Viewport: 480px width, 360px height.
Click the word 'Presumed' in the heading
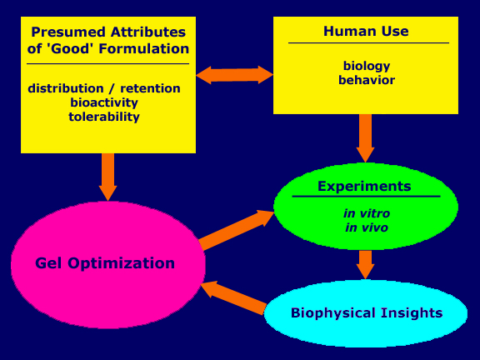tap(68, 32)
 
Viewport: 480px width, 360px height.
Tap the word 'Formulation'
tap(144, 48)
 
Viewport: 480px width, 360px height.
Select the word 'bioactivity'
tap(104, 102)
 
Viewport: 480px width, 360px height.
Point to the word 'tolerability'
tap(104, 117)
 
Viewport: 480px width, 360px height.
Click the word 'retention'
tap(150, 88)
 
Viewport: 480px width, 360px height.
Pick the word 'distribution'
tap(66, 88)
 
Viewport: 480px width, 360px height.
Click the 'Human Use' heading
tap(366, 31)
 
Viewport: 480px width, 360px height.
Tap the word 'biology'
tap(367, 66)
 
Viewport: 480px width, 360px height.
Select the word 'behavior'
tap(367, 80)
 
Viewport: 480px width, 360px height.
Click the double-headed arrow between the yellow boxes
tap(234, 75)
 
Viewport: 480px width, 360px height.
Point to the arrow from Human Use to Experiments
tap(365, 138)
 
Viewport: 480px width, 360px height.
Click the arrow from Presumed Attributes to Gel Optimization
tap(107, 177)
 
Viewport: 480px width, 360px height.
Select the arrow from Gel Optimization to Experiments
tap(237, 230)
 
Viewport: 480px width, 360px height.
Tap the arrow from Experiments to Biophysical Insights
tap(365, 265)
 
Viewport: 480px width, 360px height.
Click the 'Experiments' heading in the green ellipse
tap(364, 187)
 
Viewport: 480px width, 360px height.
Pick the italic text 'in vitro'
tap(367, 213)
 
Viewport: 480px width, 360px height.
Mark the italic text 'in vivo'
tap(367, 227)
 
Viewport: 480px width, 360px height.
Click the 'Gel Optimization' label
tap(105, 263)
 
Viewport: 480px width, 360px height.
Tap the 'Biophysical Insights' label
tap(367, 313)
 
